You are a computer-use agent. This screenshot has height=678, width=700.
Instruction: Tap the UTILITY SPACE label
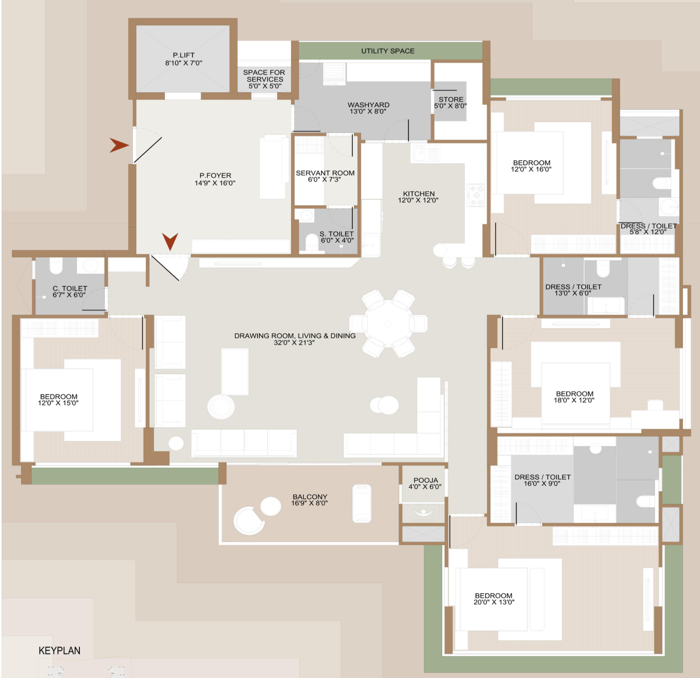tap(388, 51)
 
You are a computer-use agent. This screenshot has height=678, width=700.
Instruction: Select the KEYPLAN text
tap(59, 651)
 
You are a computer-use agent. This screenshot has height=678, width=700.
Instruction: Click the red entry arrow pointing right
tap(119, 145)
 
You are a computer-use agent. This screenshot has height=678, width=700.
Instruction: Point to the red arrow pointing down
tap(170, 241)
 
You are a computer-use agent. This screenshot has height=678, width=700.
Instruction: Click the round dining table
tap(388, 324)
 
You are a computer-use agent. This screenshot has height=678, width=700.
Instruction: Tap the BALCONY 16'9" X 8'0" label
tap(310, 500)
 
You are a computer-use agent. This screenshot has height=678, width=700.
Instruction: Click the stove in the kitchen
tap(476, 195)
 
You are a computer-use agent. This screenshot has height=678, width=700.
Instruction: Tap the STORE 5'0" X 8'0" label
tap(450, 103)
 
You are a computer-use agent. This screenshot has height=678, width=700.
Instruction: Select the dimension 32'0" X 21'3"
tap(294, 343)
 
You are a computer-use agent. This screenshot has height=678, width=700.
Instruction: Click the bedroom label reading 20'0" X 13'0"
tap(494, 602)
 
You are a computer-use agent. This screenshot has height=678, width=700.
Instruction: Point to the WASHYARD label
tap(369, 105)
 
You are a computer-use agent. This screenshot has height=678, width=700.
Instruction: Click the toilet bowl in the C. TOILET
tap(56, 266)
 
